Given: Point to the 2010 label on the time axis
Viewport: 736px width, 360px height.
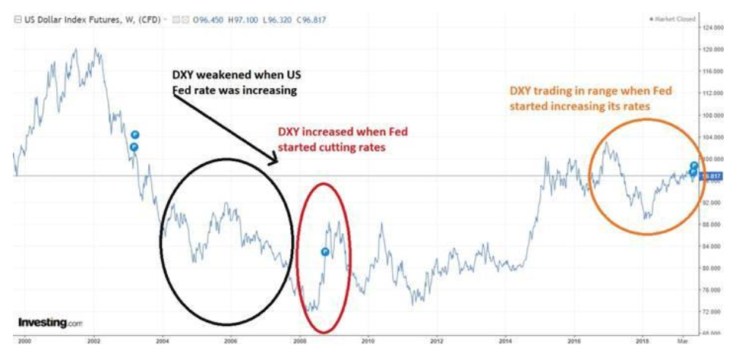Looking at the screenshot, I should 368,342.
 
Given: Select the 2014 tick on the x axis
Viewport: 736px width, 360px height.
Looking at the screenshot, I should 506,342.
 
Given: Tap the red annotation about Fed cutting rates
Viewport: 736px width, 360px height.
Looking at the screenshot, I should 340,140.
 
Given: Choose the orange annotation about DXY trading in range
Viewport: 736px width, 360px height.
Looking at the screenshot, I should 589,99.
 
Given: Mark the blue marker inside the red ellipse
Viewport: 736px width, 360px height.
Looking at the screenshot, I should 324,251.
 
